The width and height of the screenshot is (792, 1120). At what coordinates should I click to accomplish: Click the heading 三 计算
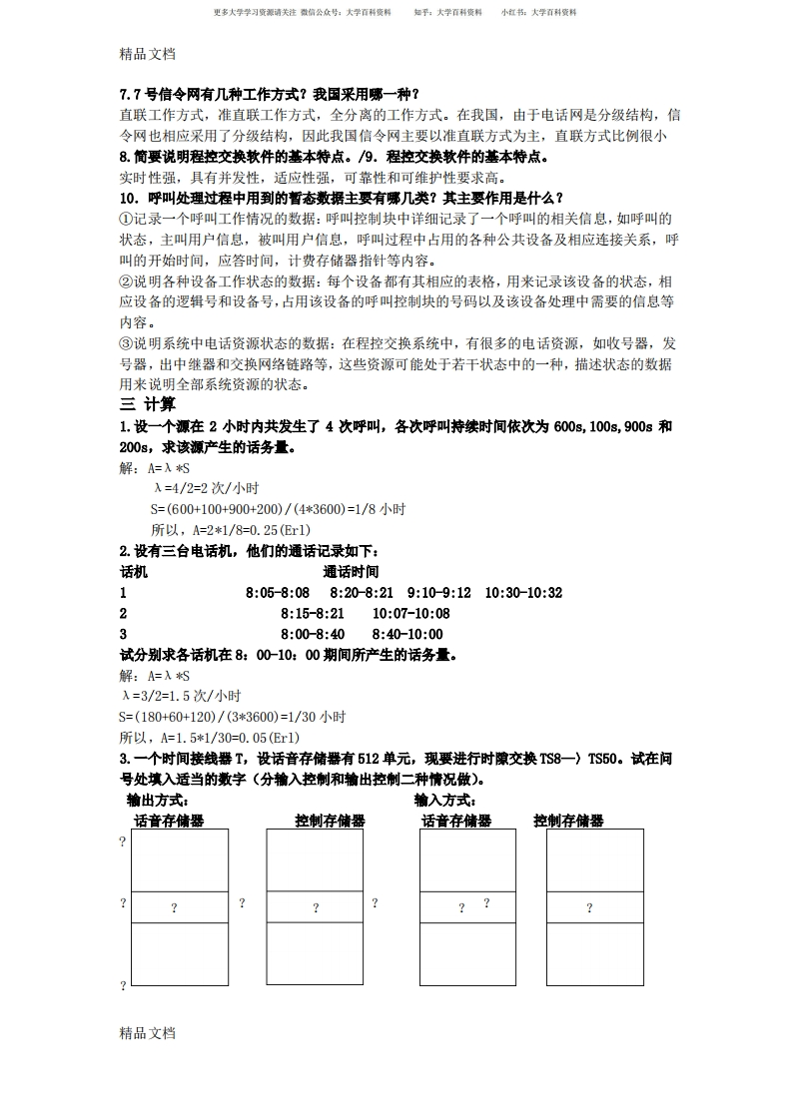[148, 404]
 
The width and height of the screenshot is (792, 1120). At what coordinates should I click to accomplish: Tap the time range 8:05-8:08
[277, 593]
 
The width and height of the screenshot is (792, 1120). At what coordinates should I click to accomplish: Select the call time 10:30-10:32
[523, 593]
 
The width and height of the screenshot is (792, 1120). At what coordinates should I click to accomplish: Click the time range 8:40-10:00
[407, 634]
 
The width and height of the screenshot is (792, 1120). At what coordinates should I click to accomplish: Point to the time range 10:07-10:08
[410, 614]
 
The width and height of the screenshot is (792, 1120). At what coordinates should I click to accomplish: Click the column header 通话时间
[351, 572]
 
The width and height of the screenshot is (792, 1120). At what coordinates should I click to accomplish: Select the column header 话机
[133, 572]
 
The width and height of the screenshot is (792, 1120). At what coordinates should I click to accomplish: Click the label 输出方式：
[158, 801]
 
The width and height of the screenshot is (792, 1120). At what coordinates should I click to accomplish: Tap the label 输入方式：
[445, 801]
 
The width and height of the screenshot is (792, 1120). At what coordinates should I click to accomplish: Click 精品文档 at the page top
[147, 54]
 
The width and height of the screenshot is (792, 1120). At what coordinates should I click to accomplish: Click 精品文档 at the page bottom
[147, 1033]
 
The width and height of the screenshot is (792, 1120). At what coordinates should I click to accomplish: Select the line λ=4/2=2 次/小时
[207, 488]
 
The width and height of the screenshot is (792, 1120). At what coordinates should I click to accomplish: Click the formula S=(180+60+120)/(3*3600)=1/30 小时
[232, 717]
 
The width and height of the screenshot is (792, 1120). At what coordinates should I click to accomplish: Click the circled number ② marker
[126, 281]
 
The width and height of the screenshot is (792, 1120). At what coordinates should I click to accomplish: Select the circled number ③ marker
[126, 343]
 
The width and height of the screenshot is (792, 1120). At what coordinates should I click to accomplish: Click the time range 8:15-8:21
[312, 614]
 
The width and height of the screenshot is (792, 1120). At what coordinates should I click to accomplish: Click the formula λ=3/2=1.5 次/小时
[181, 696]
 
